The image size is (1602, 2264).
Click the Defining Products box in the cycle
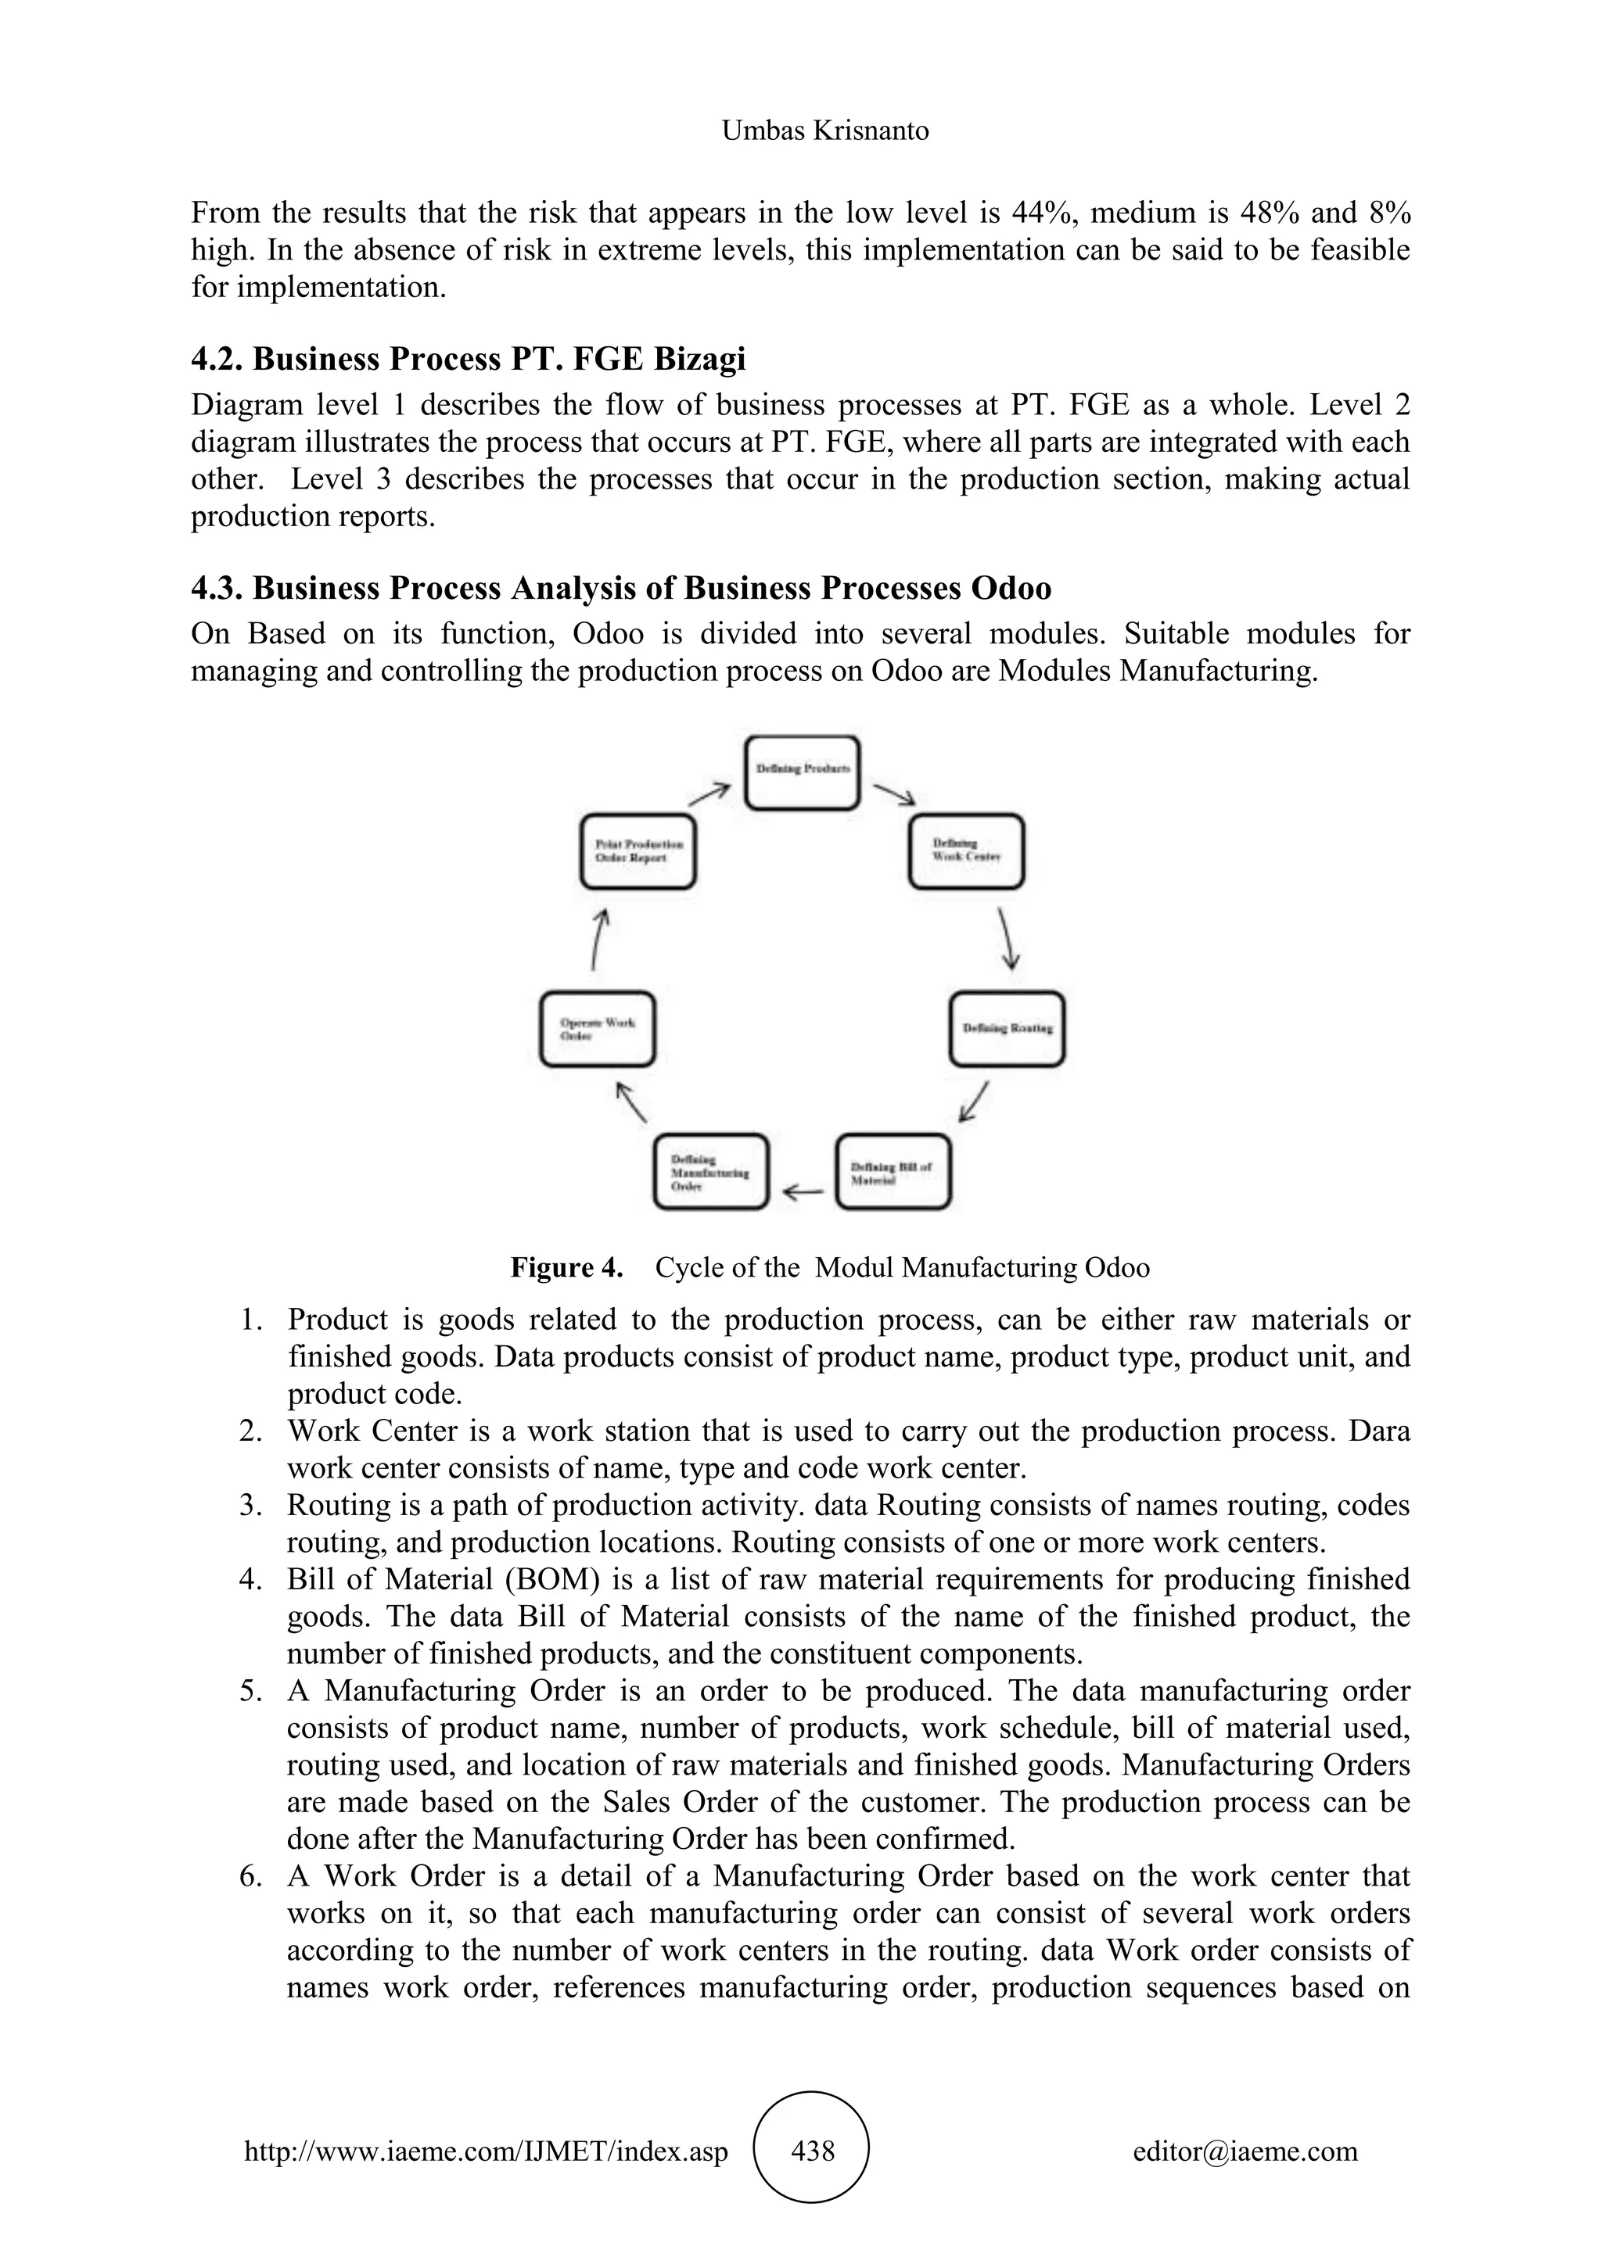[802, 773]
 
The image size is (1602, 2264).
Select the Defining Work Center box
[966, 851]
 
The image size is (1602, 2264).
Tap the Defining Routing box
[1008, 1029]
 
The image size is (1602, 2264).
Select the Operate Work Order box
[598, 1029]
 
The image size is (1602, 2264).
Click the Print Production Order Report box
[638, 851]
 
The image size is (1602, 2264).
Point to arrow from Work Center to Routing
[1008, 939]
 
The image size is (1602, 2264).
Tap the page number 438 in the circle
[813, 2151]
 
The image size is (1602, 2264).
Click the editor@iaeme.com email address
[1245, 2151]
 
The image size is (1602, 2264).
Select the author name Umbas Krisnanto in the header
[824, 130]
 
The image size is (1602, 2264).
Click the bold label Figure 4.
[566, 1267]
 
